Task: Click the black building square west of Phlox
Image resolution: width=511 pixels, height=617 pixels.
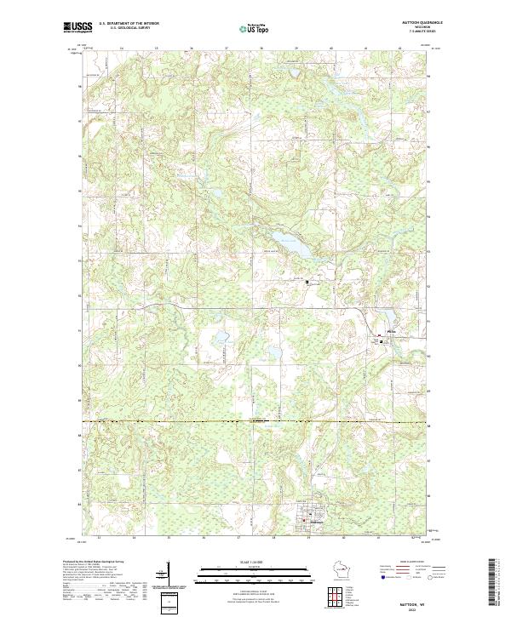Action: tap(308, 282)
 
